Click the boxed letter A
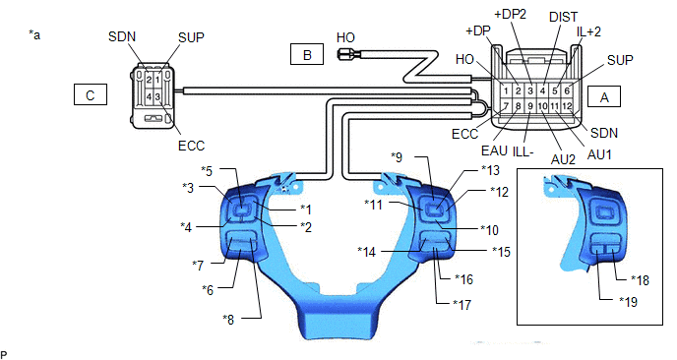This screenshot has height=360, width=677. (x=604, y=96)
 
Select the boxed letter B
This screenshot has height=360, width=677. (x=307, y=54)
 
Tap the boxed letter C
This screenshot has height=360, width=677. (x=91, y=94)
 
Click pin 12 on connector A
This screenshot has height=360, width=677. (x=567, y=106)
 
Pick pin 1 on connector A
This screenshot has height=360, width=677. (x=506, y=91)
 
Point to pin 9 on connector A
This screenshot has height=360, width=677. (x=530, y=106)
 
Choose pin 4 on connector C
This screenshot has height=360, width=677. (x=149, y=96)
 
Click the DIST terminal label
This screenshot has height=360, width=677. (x=563, y=17)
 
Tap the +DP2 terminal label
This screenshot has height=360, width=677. (x=511, y=14)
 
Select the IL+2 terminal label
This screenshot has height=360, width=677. (x=588, y=31)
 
